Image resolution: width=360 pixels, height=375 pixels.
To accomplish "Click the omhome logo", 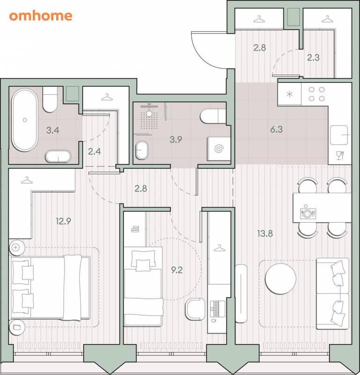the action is (41, 16).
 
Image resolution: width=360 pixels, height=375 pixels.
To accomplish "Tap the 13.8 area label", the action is (265, 233).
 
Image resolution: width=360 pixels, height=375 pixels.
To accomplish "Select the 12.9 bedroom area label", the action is (63, 221).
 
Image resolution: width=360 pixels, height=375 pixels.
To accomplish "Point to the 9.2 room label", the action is (177, 270).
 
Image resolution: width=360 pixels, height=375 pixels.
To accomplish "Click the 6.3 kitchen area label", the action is (276, 129).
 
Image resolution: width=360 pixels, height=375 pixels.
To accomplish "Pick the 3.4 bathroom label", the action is (53, 130).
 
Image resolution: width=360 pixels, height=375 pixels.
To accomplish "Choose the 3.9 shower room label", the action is (176, 139).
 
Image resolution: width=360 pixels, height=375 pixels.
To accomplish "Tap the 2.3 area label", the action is (313, 58).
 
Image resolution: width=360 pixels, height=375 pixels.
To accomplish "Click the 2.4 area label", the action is (95, 151).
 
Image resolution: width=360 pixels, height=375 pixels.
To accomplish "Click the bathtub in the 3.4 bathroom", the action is (25, 120).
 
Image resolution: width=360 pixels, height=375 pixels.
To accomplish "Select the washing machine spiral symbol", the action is (219, 149).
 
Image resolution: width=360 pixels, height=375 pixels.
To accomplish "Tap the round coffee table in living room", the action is (281, 279).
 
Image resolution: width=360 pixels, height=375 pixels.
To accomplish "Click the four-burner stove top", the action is (317, 94).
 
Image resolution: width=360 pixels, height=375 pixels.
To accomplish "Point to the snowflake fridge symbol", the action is (289, 94).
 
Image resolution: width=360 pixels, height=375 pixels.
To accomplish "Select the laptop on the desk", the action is (218, 309).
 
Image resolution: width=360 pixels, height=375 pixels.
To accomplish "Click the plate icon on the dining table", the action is (308, 214).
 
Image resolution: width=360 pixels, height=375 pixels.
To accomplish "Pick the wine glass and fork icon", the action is (340, 155).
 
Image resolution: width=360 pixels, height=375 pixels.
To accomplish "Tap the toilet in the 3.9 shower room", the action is (213, 116).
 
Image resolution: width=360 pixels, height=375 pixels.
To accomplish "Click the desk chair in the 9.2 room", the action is (195, 309).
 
